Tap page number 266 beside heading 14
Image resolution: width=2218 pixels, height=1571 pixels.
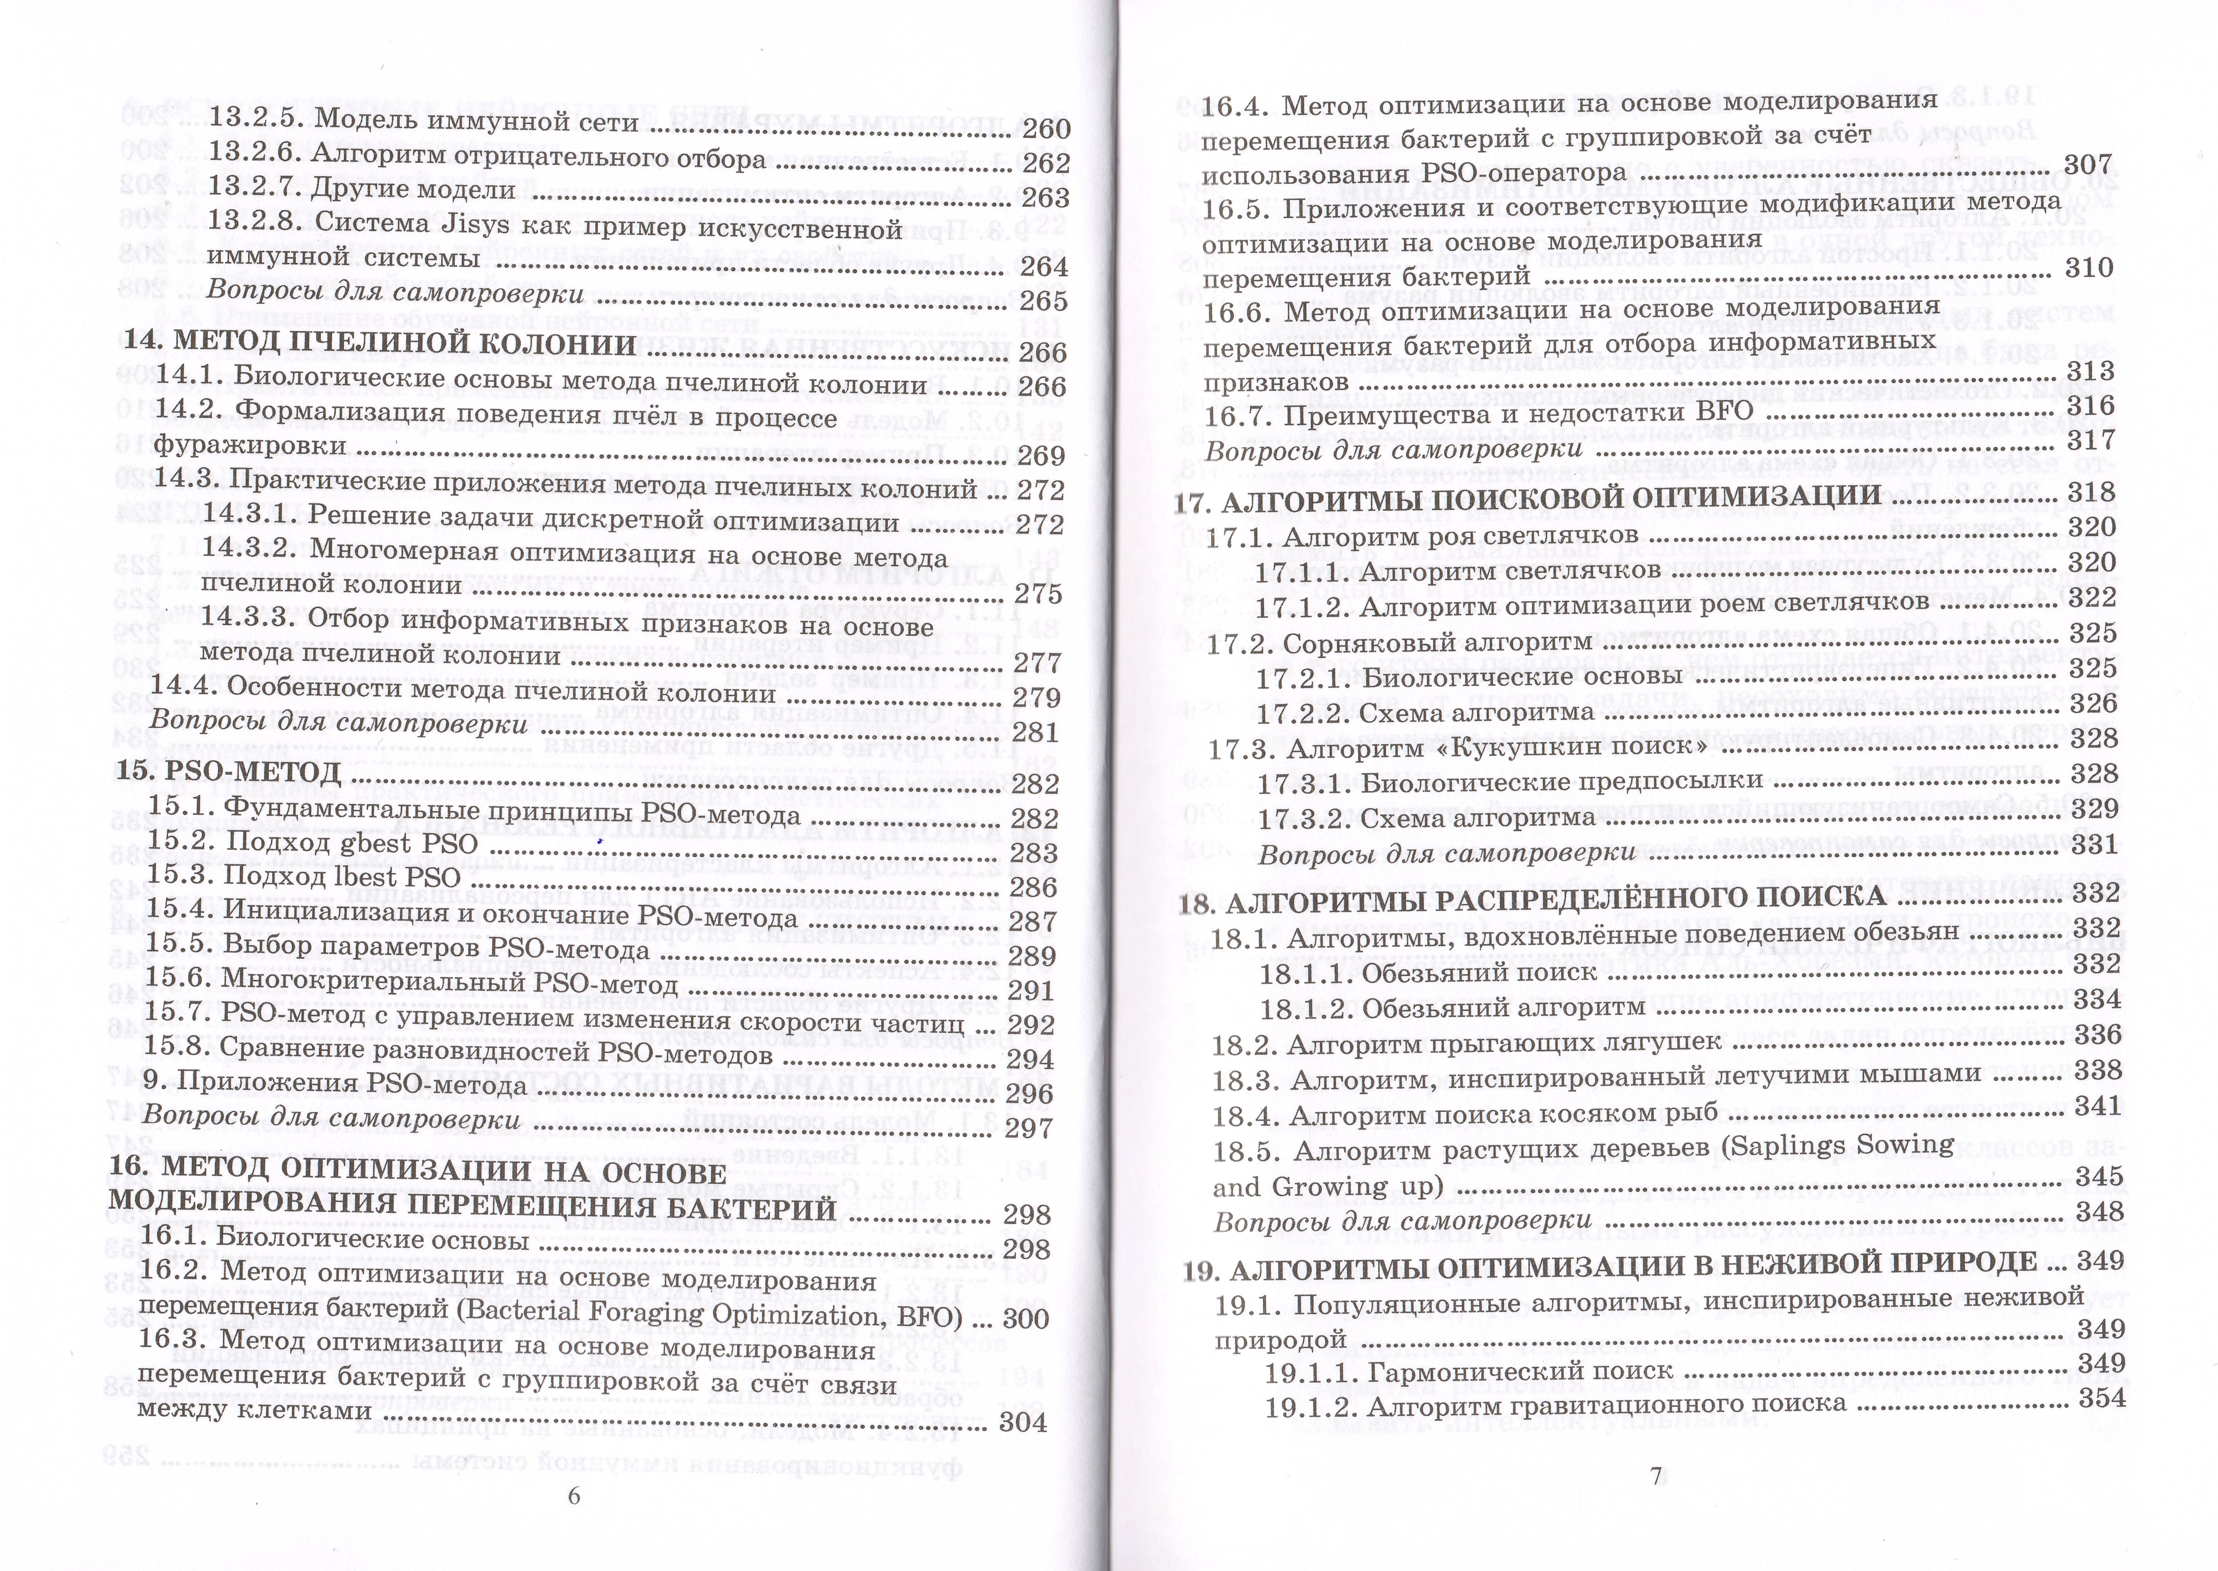click(1042, 353)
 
